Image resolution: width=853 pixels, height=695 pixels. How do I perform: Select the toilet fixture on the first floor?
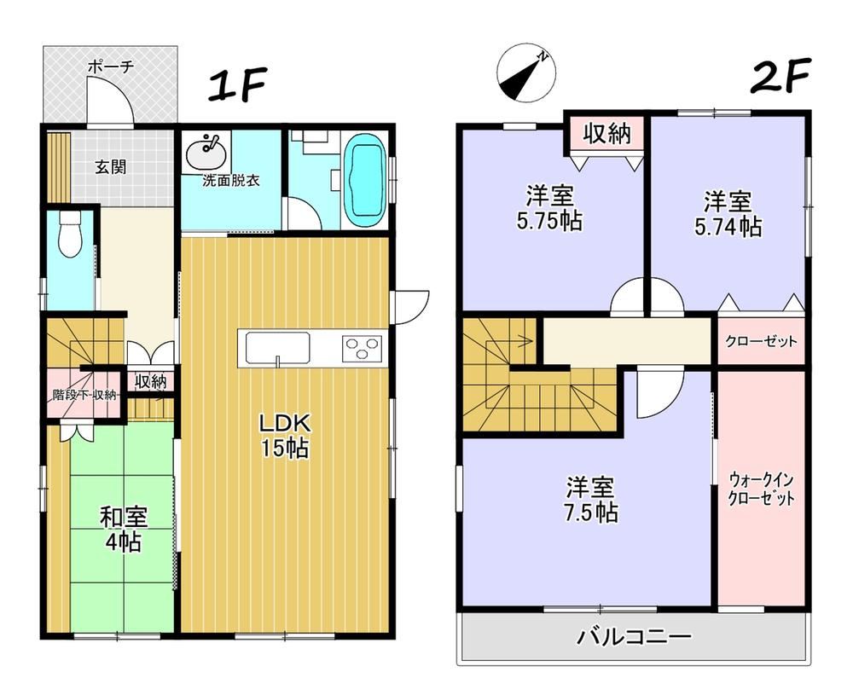[x=70, y=234]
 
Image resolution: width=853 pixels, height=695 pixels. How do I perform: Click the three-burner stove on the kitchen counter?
[x=362, y=349]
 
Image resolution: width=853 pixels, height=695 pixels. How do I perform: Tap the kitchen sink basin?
[x=277, y=348]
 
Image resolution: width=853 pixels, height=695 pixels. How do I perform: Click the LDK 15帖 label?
[x=285, y=435]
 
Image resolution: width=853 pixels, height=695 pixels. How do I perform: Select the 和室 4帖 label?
[x=124, y=529]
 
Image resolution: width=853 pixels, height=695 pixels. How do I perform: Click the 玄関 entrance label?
[x=111, y=166]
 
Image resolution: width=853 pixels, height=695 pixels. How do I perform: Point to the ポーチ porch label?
[x=110, y=67]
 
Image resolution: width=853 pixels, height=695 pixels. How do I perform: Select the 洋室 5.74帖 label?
[x=728, y=214]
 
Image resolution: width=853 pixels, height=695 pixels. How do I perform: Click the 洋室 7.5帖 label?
[x=591, y=499]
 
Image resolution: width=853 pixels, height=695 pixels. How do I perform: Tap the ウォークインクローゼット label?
[x=761, y=489]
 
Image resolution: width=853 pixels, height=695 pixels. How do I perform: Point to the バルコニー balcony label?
[x=634, y=636]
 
